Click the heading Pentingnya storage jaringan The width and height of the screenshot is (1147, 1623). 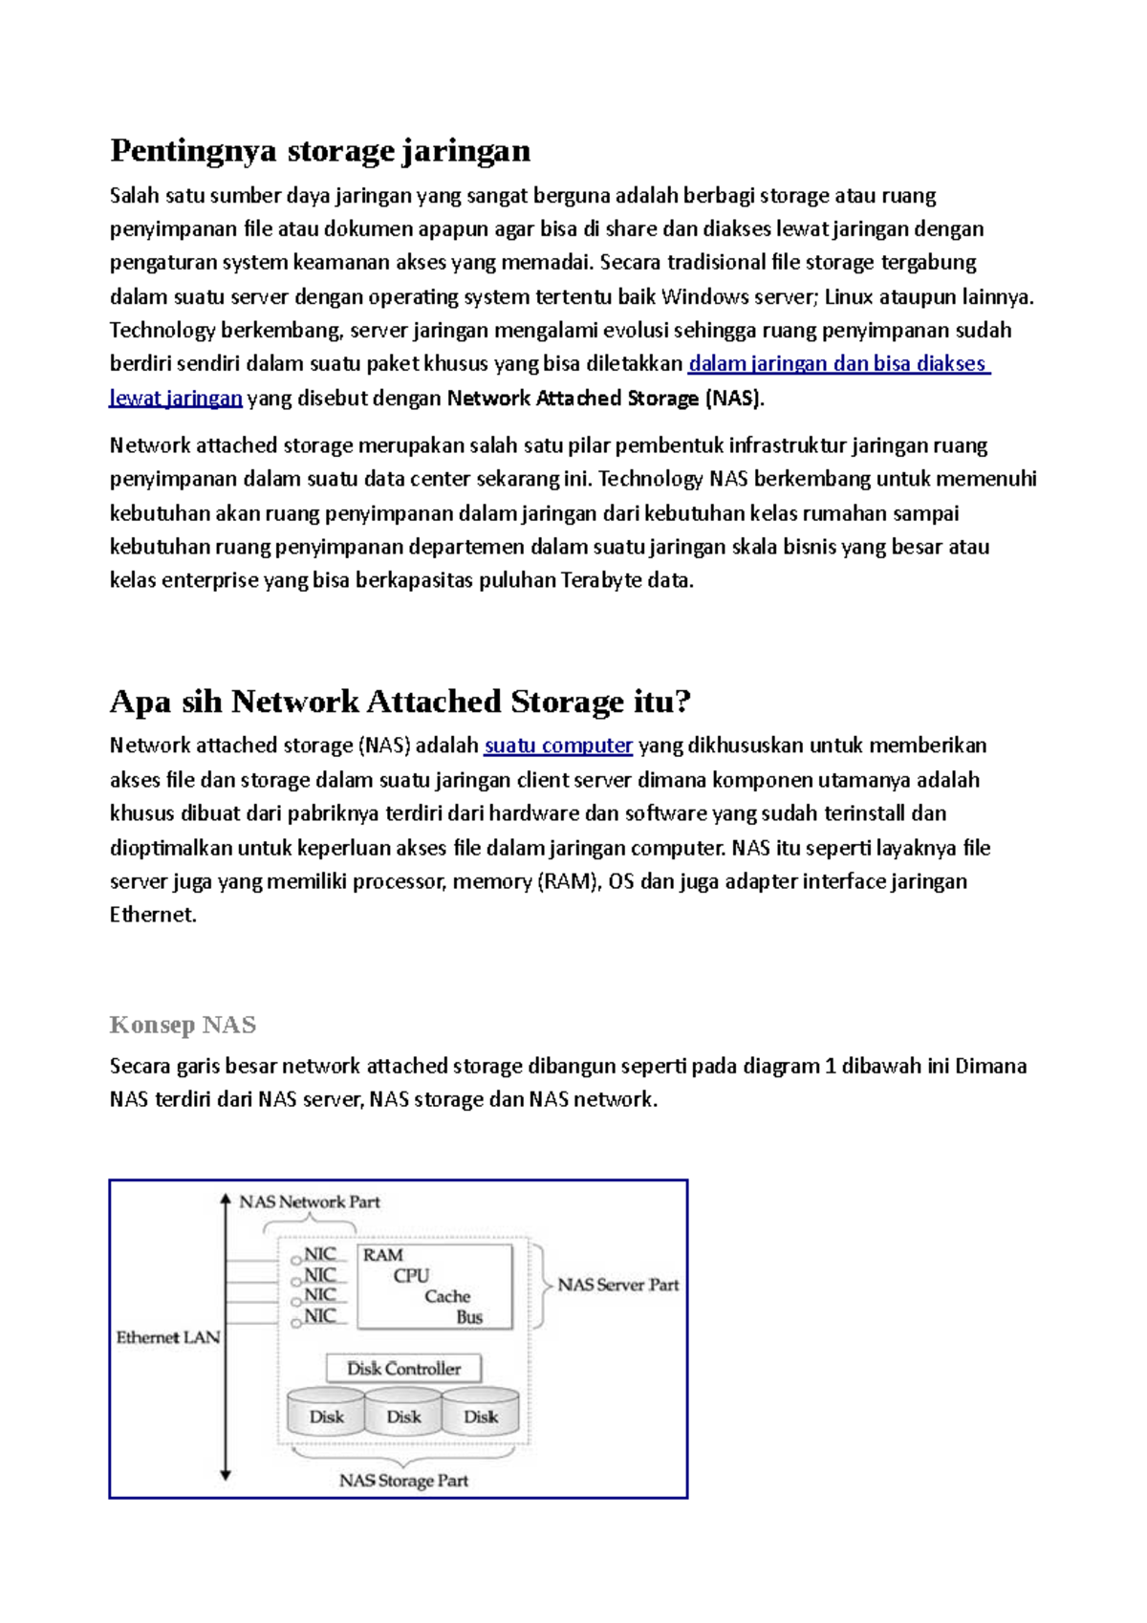[320, 151]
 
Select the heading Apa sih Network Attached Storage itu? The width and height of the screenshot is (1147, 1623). [400, 703]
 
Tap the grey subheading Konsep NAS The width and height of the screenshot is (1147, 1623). [183, 1026]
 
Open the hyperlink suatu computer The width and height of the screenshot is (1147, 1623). [558, 746]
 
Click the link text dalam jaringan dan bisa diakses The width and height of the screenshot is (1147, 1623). [837, 364]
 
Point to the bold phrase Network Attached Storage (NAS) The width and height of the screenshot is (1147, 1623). [605, 399]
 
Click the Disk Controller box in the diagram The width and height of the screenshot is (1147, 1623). [403, 1369]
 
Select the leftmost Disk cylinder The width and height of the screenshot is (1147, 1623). [326, 1417]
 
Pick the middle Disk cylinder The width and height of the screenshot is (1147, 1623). [403, 1417]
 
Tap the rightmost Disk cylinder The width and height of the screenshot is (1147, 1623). [481, 1417]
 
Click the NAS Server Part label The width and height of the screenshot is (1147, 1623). [618, 1286]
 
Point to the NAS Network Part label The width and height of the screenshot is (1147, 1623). [309, 1202]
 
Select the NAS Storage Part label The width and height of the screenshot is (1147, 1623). [403, 1481]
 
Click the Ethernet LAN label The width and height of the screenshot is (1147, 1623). [168, 1337]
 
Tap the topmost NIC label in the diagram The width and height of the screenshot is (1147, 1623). [320, 1254]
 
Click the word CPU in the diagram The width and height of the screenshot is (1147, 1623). [411, 1276]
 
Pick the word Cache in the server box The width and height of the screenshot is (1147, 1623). [447, 1297]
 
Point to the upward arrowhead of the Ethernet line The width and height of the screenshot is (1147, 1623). [226, 1198]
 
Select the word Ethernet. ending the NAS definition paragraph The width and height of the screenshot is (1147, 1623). [153, 916]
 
